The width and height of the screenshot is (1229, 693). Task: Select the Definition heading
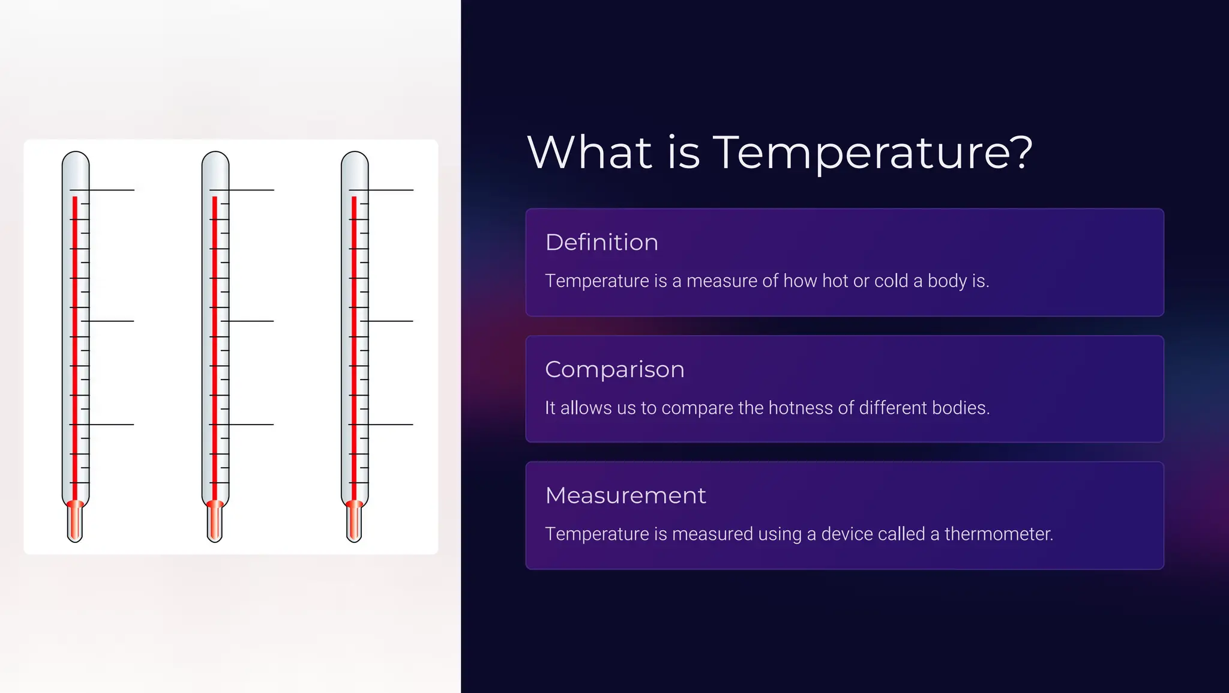coord(601,243)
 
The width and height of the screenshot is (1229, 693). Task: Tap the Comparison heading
coord(614,369)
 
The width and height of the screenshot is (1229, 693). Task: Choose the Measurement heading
coord(625,496)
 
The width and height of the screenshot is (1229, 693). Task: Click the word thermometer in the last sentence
coord(998,534)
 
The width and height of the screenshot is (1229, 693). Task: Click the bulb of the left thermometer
coord(75,521)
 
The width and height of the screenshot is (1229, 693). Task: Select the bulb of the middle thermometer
coord(215,521)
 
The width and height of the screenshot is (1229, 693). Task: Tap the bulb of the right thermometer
coord(354,521)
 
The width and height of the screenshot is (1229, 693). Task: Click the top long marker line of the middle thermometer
coord(252,190)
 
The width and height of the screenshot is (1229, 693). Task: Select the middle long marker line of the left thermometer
coord(111,321)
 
